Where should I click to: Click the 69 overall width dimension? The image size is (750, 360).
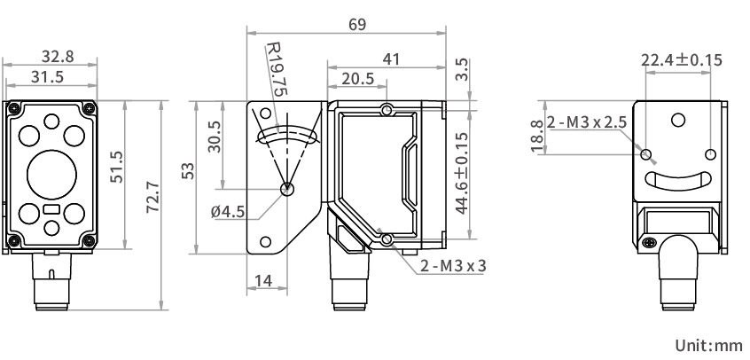(356, 25)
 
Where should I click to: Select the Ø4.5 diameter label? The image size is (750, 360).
(228, 211)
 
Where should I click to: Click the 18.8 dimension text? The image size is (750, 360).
(536, 137)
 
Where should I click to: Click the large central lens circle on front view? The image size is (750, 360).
(52, 172)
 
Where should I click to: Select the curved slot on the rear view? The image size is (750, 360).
(678, 180)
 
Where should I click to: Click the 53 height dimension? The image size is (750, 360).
(187, 172)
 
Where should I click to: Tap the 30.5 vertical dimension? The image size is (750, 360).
(214, 137)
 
